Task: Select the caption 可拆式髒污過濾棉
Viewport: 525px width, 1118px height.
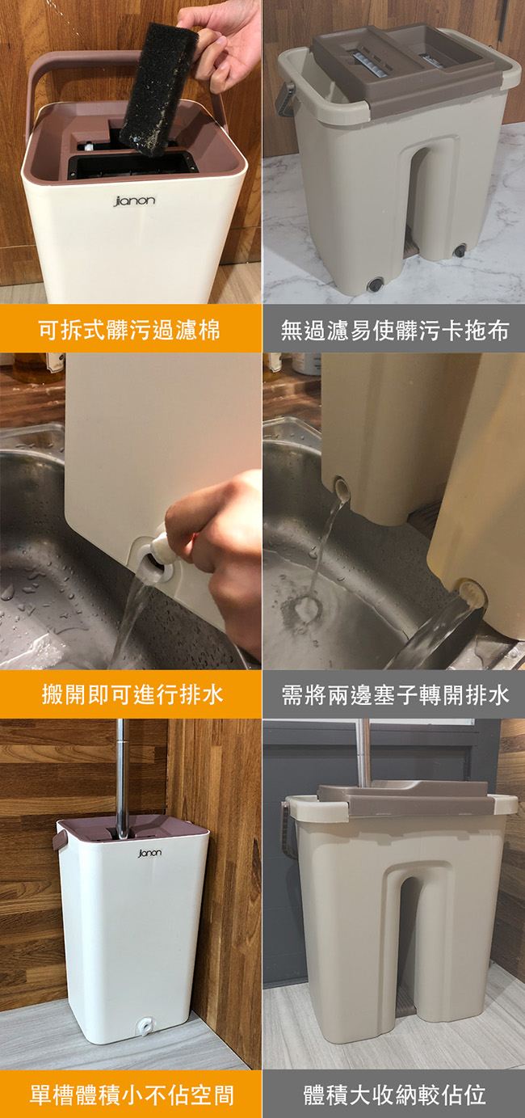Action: pos(129,331)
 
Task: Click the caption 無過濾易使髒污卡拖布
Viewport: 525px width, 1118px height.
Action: pos(395,331)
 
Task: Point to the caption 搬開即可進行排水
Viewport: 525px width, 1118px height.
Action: pos(132,694)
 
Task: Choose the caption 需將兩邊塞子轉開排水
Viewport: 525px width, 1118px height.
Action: pos(395,694)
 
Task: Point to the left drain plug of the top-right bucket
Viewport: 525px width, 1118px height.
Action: pos(375,284)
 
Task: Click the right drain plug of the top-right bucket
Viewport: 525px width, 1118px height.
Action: pos(460,251)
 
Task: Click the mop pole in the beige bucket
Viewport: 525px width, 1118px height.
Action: pos(363,752)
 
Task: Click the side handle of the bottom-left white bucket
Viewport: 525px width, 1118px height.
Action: pos(61,837)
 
